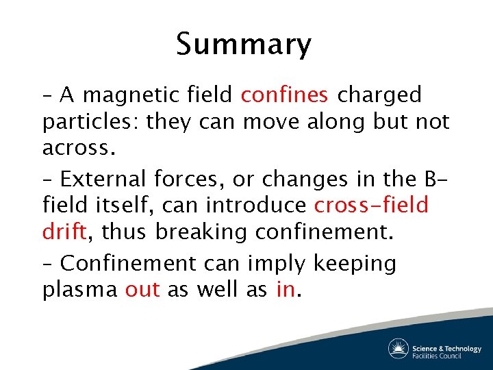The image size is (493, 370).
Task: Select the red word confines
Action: tap(284, 95)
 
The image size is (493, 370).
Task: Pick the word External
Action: tap(103, 179)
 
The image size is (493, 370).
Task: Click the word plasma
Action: tap(80, 291)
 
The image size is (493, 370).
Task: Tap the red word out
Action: tap(142, 290)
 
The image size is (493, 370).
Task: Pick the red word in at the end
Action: tap(286, 290)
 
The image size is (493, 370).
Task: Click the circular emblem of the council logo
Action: tap(399, 349)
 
